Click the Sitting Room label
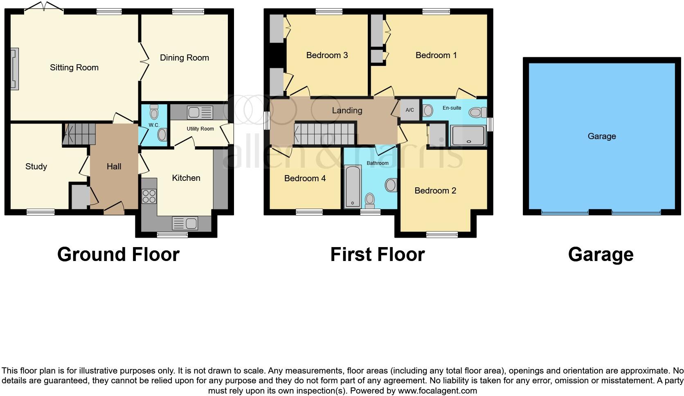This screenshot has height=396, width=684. point(74,67)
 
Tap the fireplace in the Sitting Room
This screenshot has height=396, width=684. point(14,68)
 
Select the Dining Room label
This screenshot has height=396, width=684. point(184,58)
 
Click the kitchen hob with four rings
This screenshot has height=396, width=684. point(149,196)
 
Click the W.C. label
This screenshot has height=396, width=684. point(154,125)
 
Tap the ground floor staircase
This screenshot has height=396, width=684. point(79,134)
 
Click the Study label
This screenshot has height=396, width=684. point(36,166)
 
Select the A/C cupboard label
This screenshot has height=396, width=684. point(409,110)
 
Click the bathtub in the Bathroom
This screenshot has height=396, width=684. point(352,186)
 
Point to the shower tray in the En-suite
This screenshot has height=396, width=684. point(468,135)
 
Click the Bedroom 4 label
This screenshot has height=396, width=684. point(305,178)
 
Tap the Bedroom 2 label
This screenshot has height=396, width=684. point(435,191)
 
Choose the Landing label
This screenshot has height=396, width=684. point(347,110)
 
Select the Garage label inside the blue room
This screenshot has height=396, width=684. point(601,136)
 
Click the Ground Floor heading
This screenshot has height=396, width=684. point(118,254)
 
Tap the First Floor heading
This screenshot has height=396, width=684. point(377,254)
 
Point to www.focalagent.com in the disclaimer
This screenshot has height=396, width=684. point(437,391)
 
